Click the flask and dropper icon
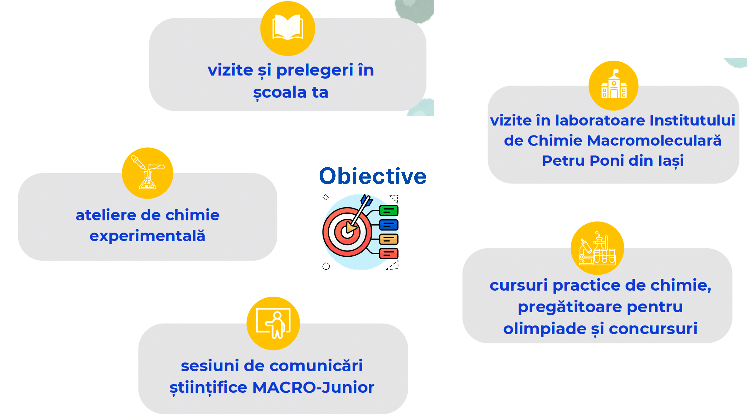[x=148, y=172]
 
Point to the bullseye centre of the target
[x=347, y=232]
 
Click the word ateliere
[x=106, y=215]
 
